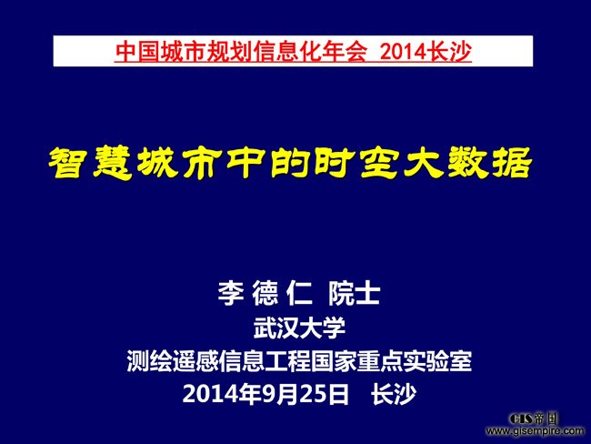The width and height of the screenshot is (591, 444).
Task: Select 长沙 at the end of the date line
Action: (394, 394)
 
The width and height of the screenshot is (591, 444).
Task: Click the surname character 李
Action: (231, 293)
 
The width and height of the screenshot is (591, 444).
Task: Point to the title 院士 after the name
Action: (354, 293)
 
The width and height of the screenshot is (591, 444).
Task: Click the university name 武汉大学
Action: (300, 328)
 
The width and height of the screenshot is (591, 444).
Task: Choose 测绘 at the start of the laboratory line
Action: (150, 361)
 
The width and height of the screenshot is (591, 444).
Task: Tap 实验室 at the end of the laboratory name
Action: (437, 361)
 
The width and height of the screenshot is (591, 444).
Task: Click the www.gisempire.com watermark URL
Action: (535, 430)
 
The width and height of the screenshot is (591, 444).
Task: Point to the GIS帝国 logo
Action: (533, 419)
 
